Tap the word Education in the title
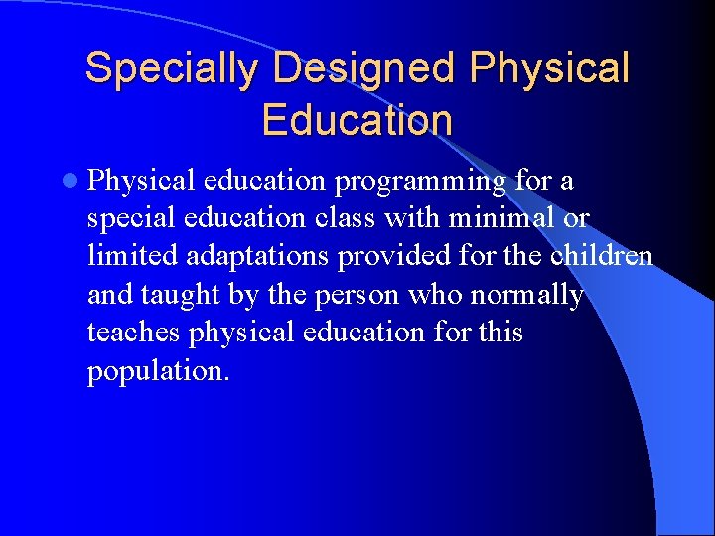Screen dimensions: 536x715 click(x=357, y=120)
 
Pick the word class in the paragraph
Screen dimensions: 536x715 click(x=397, y=218)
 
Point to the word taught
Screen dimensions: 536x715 click(x=187, y=295)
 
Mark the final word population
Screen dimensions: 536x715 click(x=158, y=371)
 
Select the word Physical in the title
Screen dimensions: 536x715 click(x=550, y=68)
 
